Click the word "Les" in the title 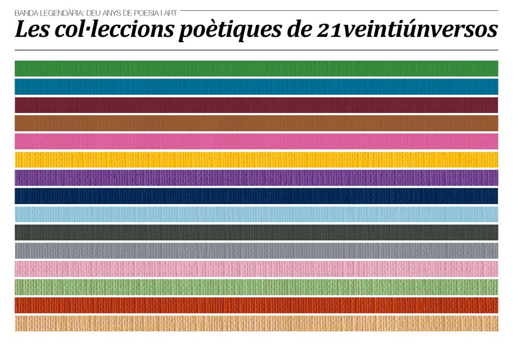tap(31, 30)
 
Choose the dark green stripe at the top tap(256, 68)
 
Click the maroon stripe tap(256, 105)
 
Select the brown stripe tap(256, 123)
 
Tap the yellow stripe tap(256, 159)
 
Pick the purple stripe tap(256, 178)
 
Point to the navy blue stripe tap(256, 196)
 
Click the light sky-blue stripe tap(256, 214)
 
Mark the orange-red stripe tap(256, 305)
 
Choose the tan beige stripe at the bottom tap(256, 323)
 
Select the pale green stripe tap(256, 287)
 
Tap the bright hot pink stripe tap(256, 141)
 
